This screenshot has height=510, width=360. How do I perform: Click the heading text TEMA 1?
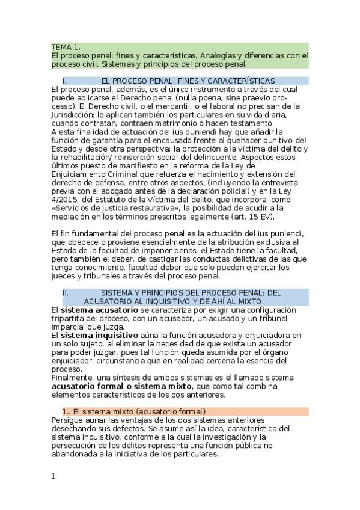66,47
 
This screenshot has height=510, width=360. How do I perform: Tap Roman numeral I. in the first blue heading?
64,81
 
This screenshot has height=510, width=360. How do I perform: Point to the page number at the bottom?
53,476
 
